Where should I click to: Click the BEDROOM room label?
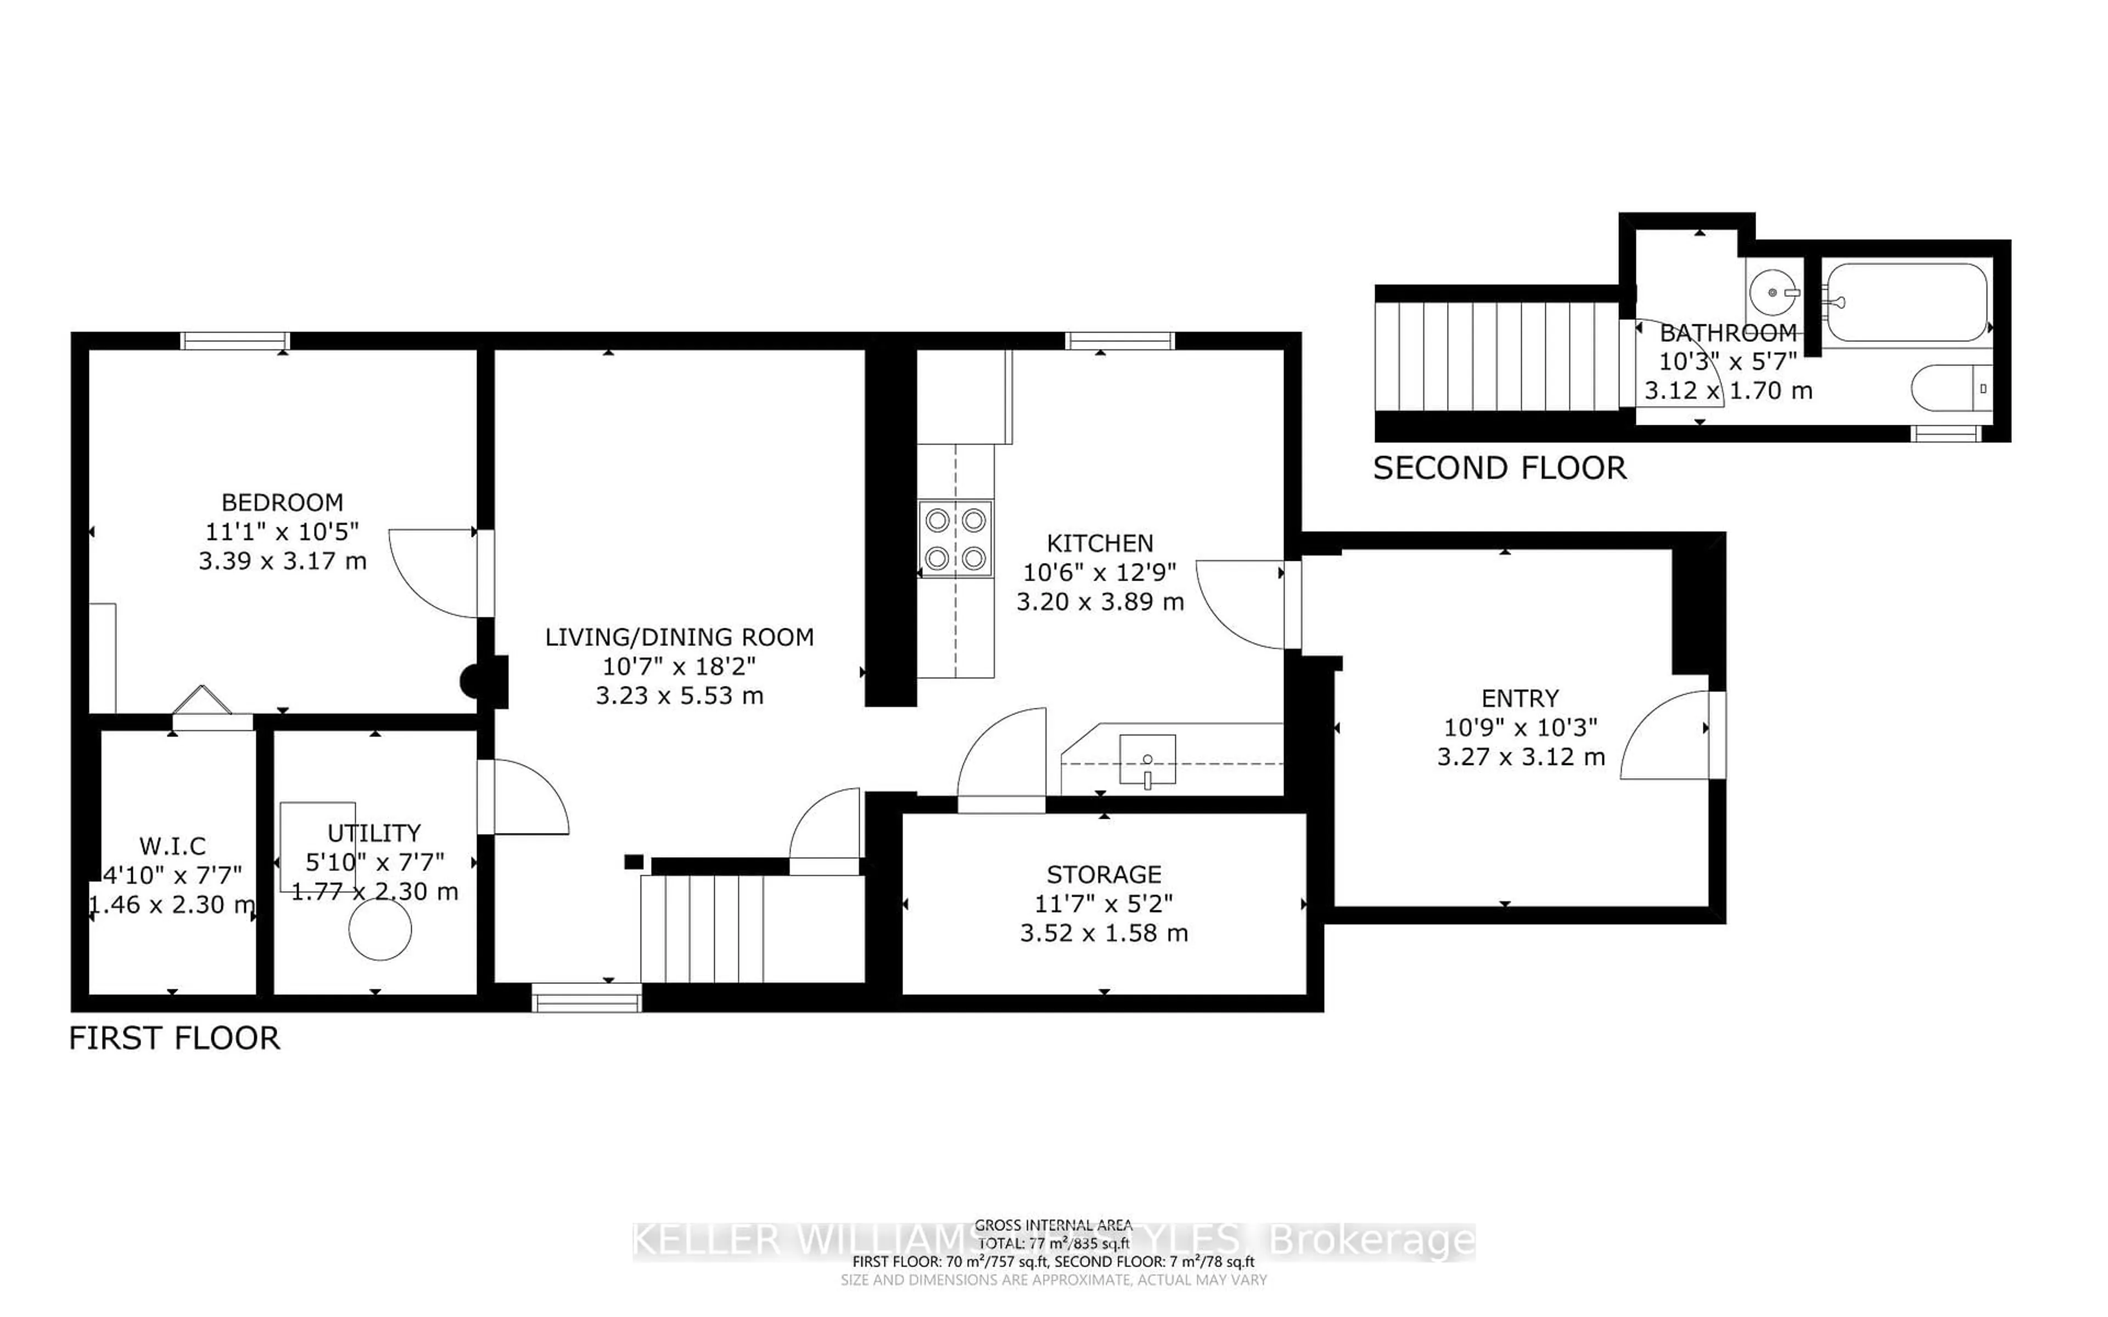282,503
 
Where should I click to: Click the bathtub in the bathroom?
1906,302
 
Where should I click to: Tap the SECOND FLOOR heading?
1499,469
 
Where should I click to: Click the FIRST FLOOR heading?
174,1038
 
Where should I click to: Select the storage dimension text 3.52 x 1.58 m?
1103,933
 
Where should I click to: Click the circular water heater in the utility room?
380,930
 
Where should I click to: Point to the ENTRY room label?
1520,699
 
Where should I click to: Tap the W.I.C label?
172,846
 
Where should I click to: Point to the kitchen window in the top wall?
1120,341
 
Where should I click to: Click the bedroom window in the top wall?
235,341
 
